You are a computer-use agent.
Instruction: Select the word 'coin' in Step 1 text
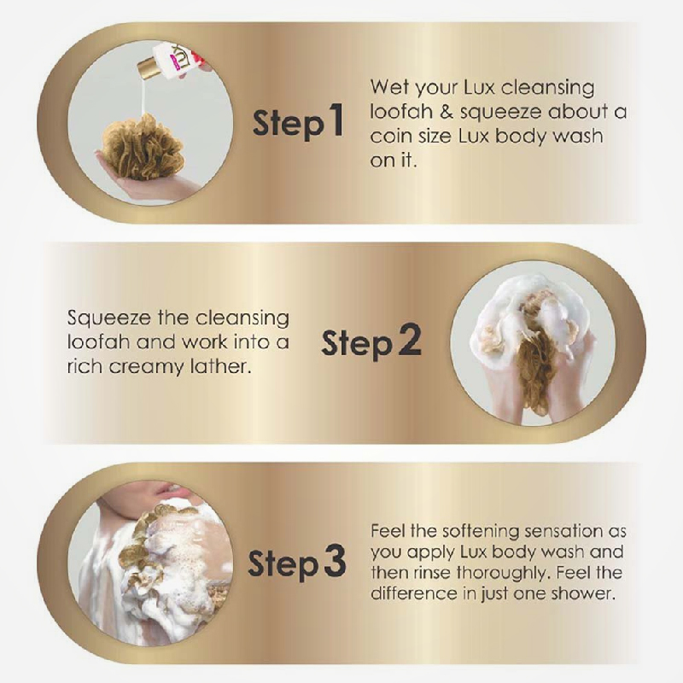pyautogui.click(x=389, y=137)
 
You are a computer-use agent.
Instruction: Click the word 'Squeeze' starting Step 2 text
pyautogui.click(x=108, y=318)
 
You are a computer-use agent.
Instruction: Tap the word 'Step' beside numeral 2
pyautogui.click(x=357, y=344)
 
